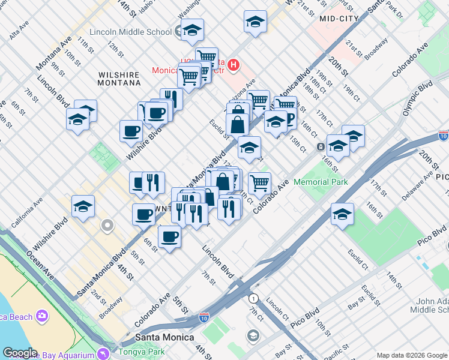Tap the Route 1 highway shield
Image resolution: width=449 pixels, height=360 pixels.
[254, 298]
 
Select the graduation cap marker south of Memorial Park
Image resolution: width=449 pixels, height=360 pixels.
[342, 215]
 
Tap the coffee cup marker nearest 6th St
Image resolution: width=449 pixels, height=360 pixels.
[170, 237]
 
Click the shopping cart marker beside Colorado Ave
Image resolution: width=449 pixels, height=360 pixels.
[259, 184]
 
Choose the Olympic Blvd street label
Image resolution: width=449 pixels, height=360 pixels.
[417, 99]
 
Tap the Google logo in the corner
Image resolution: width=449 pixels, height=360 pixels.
[20, 353]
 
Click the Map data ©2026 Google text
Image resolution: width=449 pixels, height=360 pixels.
[411, 355]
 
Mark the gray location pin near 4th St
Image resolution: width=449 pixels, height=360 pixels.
[107, 226]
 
